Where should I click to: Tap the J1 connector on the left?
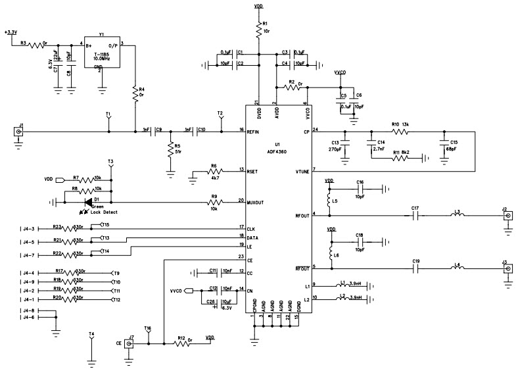point(20,132)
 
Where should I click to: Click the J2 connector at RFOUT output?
point(507,215)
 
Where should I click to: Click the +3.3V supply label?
point(11,32)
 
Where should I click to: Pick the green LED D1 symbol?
point(87,202)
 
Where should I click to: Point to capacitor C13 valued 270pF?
point(346,144)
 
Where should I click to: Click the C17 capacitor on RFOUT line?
point(415,215)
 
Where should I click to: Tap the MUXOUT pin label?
point(256,202)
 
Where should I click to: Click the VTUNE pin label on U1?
point(302,171)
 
